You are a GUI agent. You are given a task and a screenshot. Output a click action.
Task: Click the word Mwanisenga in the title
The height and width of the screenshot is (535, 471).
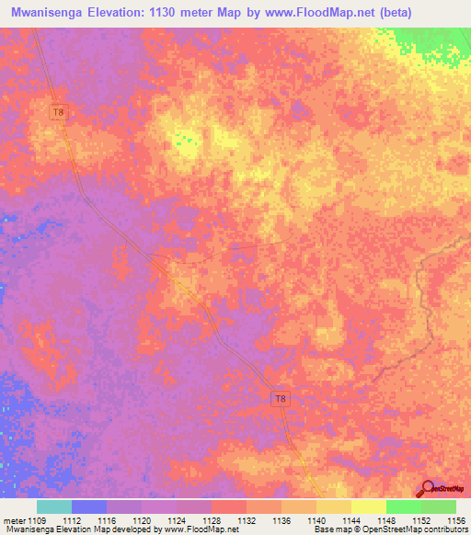click(x=53, y=13)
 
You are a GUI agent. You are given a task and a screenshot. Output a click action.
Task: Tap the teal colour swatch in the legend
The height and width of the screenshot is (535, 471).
click(x=54, y=507)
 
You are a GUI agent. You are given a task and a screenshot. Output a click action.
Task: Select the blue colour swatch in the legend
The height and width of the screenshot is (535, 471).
click(x=89, y=507)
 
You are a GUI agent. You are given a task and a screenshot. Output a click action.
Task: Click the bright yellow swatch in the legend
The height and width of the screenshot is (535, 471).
click(x=368, y=507)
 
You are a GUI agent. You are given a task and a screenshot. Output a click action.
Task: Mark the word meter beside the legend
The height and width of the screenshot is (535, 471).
click(x=12, y=519)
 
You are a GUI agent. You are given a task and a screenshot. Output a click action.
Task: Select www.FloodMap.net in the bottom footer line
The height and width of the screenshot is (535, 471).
click(x=200, y=529)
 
